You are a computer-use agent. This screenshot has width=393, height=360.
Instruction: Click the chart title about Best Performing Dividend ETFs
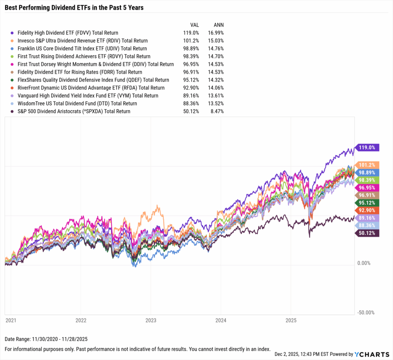point(74,7)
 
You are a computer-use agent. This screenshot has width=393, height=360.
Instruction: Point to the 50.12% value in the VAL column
point(191,111)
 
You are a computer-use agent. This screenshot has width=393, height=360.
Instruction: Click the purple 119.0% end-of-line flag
point(368,147)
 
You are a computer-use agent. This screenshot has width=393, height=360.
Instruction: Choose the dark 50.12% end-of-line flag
point(368,233)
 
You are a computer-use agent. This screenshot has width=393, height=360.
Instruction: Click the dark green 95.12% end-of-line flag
point(368,203)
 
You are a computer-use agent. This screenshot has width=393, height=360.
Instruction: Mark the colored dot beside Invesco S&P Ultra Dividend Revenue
point(13,41)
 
